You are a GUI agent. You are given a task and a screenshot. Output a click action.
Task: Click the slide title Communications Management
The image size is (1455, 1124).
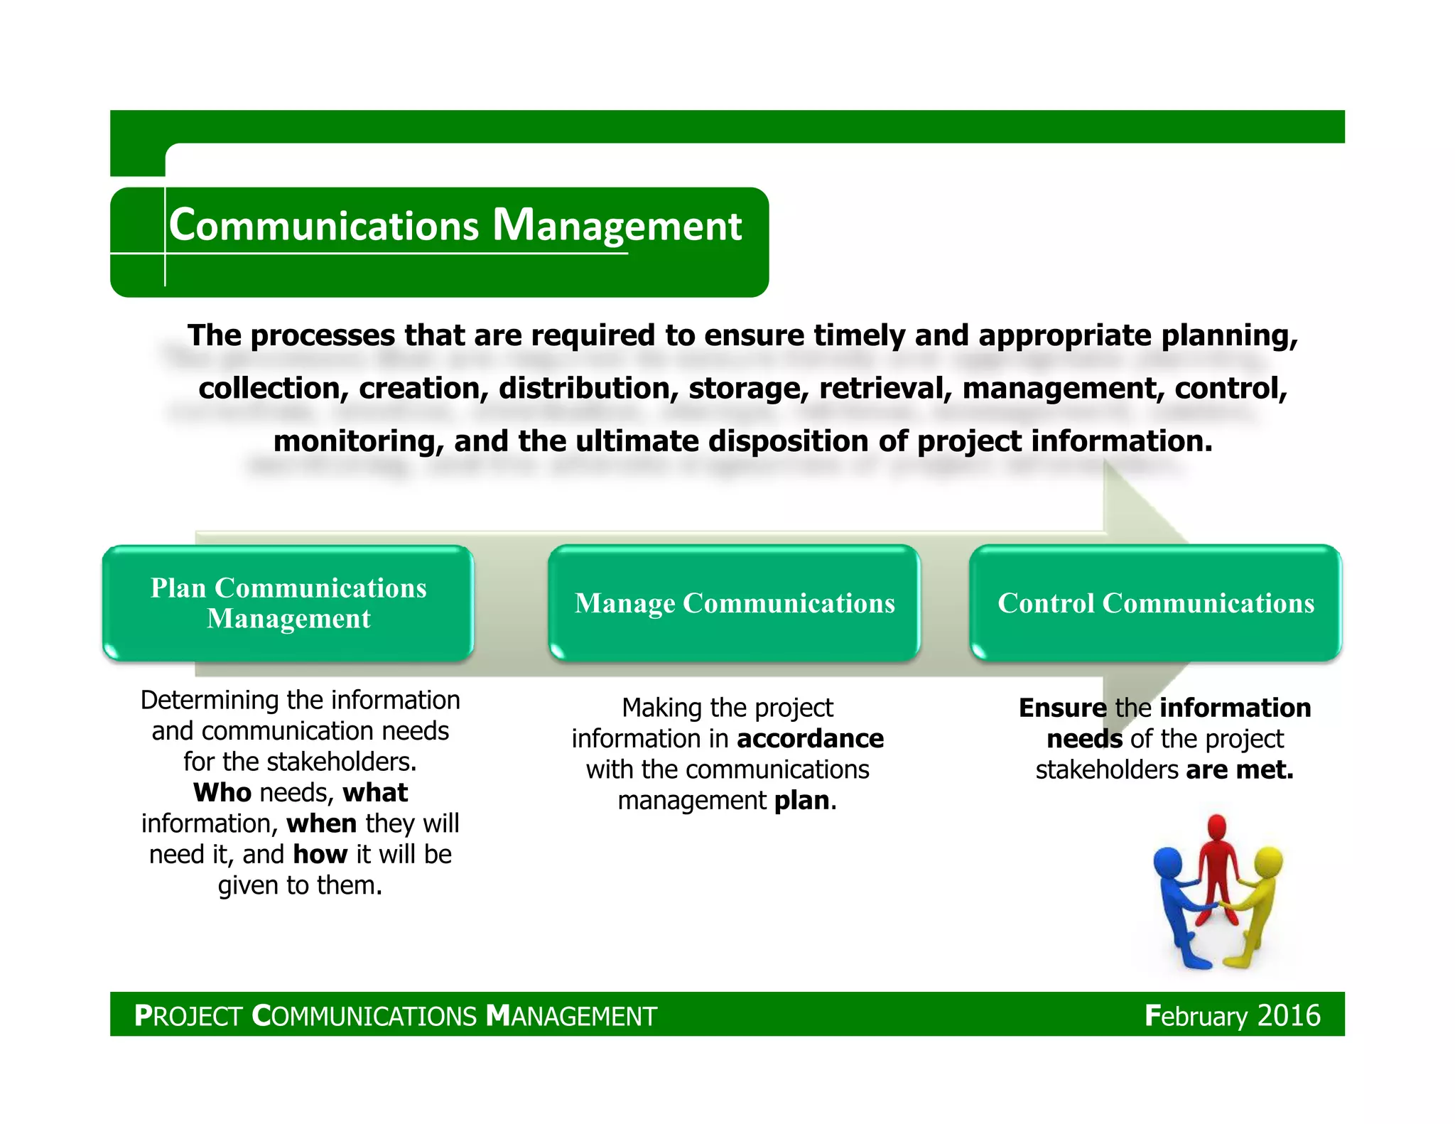(455, 226)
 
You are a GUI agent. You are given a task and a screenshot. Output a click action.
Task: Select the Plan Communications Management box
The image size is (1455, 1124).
(288, 603)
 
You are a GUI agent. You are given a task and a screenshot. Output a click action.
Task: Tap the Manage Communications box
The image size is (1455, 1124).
(734, 603)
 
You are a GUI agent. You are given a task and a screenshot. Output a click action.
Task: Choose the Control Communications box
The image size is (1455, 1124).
(1155, 603)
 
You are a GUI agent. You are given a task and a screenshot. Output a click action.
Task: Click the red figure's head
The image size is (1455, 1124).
(1217, 828)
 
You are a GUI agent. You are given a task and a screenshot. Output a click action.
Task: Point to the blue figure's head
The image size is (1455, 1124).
(1167, 863)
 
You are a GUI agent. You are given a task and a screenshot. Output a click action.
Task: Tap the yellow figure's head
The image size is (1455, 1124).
(1269, 862)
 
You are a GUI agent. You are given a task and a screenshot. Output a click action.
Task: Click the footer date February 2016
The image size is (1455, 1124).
(1232, 1015)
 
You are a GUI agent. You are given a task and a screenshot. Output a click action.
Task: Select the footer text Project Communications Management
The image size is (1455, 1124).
(396, 1016)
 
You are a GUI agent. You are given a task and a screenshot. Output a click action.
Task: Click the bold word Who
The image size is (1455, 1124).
(222, 792)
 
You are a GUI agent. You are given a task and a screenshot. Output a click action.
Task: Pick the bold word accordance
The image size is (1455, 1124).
(811, 739)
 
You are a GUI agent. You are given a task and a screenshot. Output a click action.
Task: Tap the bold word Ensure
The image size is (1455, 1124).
(1062, 708)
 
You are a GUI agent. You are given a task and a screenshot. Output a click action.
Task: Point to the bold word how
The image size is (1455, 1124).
(320, 854)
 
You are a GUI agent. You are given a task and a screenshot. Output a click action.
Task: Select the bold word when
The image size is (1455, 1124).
(322, 823)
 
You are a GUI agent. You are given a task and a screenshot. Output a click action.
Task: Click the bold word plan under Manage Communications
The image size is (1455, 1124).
(801, 801)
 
